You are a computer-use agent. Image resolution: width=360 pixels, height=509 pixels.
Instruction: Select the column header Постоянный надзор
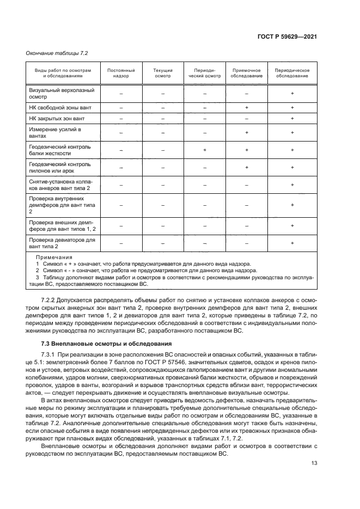click(121, 73)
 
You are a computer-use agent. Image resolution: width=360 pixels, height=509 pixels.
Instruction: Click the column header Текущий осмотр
click(162, 73)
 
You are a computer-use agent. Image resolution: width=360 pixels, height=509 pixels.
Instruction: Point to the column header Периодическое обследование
click(292, 73)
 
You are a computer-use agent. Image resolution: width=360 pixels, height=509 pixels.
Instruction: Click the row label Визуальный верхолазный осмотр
click(62, 93)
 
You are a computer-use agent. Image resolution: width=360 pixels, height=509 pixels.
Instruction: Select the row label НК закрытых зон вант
click(57, 118)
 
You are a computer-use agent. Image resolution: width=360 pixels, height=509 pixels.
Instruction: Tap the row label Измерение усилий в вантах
click(54, 132)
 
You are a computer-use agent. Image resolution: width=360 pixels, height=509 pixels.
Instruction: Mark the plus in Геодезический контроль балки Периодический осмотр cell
click(204, 150)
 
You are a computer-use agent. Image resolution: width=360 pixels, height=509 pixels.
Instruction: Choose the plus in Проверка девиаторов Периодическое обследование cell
click(292, 243)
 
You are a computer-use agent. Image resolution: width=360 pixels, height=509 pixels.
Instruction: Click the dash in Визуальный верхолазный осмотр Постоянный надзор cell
click(121, 94)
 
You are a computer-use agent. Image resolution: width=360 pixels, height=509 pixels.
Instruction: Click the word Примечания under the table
click(54, 257)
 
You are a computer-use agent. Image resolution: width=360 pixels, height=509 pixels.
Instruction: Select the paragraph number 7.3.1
click(50, 355)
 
